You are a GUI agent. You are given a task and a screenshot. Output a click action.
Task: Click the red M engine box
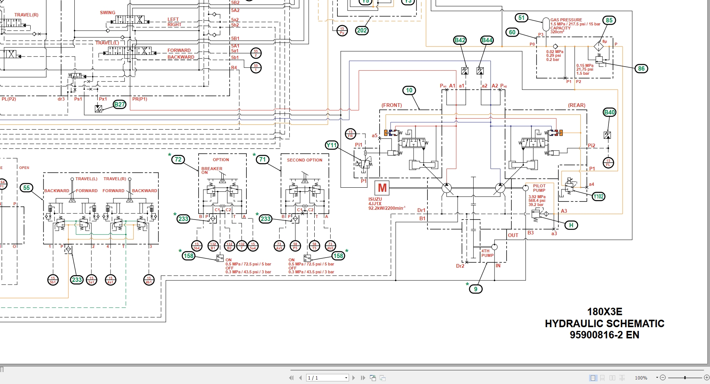click(x=382, y=188)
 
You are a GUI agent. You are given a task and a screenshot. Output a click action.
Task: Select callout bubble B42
click(x=460, y=40)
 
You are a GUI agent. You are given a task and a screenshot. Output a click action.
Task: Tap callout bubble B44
click(x=487, y=40)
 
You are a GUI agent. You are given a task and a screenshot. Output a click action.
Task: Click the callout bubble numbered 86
click(x=641, y=68)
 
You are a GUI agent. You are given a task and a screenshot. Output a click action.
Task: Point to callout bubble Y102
click(x=599, y=197)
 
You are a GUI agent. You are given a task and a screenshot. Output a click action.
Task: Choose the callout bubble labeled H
click(x=571, y=225)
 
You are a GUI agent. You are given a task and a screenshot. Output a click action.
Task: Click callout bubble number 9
click(x=476, y=289)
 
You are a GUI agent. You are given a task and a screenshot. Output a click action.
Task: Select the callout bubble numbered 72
click(x=178, y=160)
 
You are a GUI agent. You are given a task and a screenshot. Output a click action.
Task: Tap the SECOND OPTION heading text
click(x=304, y=160)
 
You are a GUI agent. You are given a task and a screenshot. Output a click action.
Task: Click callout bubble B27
click(x=119, y=104)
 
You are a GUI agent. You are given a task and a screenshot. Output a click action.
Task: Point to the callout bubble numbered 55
click(x=27, y=188)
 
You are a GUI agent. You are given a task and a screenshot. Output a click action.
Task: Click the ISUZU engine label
click(x=375, y=199)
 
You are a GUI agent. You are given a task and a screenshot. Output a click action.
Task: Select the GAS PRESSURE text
click(x=566, y=20)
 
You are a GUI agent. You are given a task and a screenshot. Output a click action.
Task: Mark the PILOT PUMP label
click(x=539, y=188)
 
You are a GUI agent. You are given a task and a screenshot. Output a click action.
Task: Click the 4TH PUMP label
click(x=487, y=253)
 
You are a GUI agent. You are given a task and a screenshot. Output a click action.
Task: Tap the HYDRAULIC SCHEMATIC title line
click(x=604, y=323)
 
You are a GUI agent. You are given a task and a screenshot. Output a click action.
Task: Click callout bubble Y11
click(x=331, y=145)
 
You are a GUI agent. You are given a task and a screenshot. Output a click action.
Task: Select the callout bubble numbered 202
click(x=362, y=31)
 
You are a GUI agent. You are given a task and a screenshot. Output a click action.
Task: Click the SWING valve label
click(x=108, y=13)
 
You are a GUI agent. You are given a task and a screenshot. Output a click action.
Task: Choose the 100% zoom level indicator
click(x=641, y=378)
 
